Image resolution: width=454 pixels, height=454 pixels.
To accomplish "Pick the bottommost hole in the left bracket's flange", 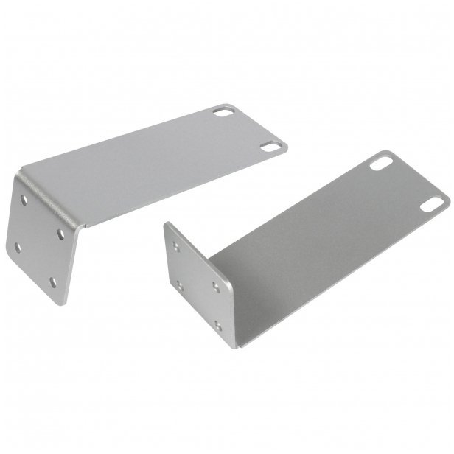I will (53, 282).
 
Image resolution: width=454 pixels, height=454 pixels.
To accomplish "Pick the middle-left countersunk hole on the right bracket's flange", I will (180, 284).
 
